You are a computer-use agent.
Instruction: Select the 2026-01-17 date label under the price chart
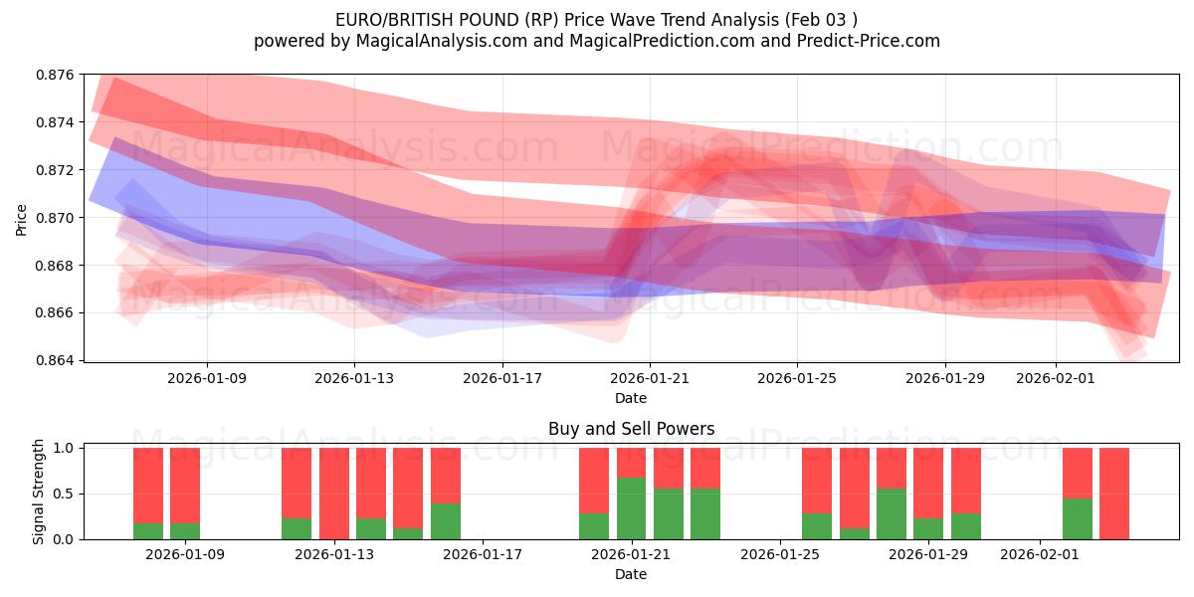coord(502,379)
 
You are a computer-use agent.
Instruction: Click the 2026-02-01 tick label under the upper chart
coord(1056,379)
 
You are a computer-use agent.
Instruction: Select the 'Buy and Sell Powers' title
coord(631,430)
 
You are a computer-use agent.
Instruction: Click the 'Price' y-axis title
coord(22,218)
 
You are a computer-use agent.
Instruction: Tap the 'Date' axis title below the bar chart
coord(631,574)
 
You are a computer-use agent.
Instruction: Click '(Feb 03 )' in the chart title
coord(821,19)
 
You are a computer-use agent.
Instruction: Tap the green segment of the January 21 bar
coord(632,508)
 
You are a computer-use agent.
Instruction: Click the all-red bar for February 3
coord(1114,494)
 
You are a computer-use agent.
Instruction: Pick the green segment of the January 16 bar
coord(446,521)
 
